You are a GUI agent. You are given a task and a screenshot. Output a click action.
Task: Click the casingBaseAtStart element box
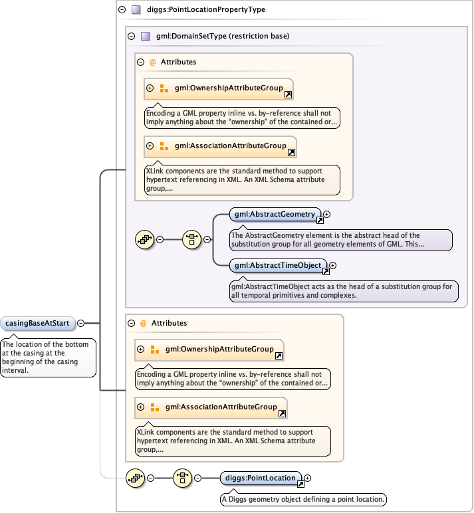37,324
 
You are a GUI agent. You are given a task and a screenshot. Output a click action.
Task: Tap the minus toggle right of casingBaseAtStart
80,324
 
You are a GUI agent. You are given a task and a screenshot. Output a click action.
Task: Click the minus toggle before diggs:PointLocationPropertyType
122,10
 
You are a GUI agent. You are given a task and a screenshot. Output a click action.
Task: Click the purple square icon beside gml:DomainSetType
145,36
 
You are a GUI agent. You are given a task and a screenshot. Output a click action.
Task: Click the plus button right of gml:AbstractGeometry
326,215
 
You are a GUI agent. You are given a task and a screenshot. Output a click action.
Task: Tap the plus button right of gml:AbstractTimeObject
333,266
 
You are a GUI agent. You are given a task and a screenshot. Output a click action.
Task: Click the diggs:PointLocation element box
261,478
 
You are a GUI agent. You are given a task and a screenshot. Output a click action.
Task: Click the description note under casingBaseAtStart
49,357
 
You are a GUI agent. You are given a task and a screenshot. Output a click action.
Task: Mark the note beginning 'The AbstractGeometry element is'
340,240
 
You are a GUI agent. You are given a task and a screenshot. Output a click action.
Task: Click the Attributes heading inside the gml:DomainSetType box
178,62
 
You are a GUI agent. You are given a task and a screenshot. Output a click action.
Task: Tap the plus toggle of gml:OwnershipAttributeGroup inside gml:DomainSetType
150,88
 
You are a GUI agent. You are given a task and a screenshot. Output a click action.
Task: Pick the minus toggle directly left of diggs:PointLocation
197,478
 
